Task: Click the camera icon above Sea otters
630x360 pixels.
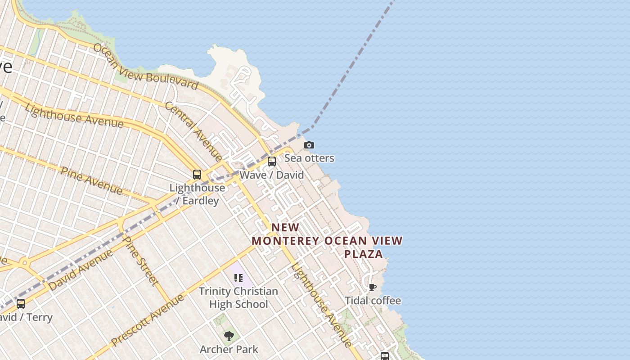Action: [309, 145]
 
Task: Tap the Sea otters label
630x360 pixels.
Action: [309, 158]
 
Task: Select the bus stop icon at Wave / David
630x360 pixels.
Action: [272, 162]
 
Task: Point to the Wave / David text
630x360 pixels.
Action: [272, 175]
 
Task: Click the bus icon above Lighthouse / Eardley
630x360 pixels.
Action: [197, 175]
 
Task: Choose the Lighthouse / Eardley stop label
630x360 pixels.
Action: [197, 194]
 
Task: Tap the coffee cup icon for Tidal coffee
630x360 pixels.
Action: [373, 287]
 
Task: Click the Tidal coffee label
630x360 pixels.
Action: [373, 300]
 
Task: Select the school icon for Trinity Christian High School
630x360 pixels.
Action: [238, 278]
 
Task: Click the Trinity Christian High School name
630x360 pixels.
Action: [238, 297]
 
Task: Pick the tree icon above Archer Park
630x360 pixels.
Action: [229, 336]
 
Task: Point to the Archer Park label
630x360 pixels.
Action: [229, 349]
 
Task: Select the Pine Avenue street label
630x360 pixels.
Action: [91, 180]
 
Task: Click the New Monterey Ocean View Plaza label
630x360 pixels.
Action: [327, 241]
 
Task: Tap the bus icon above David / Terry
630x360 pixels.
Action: [21, 304]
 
